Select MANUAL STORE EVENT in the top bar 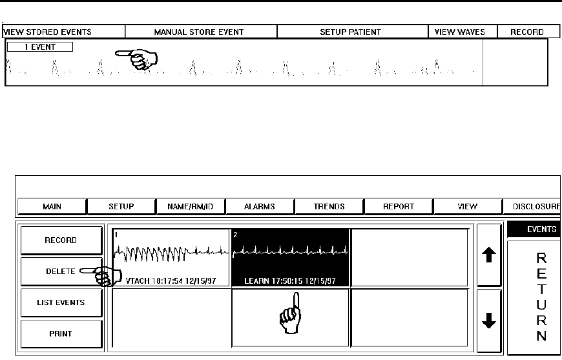[x=201, y=32]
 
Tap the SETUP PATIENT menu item [x=352, y=32]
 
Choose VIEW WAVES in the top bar [x=460, y=32]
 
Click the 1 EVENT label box [x=40, y=47]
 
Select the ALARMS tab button [x=259, y=206]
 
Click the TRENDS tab [x=329, y=206]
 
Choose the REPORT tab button [x=399, y=206]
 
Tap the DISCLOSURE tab [x=532, y=206]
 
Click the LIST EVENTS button [x=61, y=302]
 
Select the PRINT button [x=61, y=334]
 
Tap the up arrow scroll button [x=489, y=256]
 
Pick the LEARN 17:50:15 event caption [x=290, y=281]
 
